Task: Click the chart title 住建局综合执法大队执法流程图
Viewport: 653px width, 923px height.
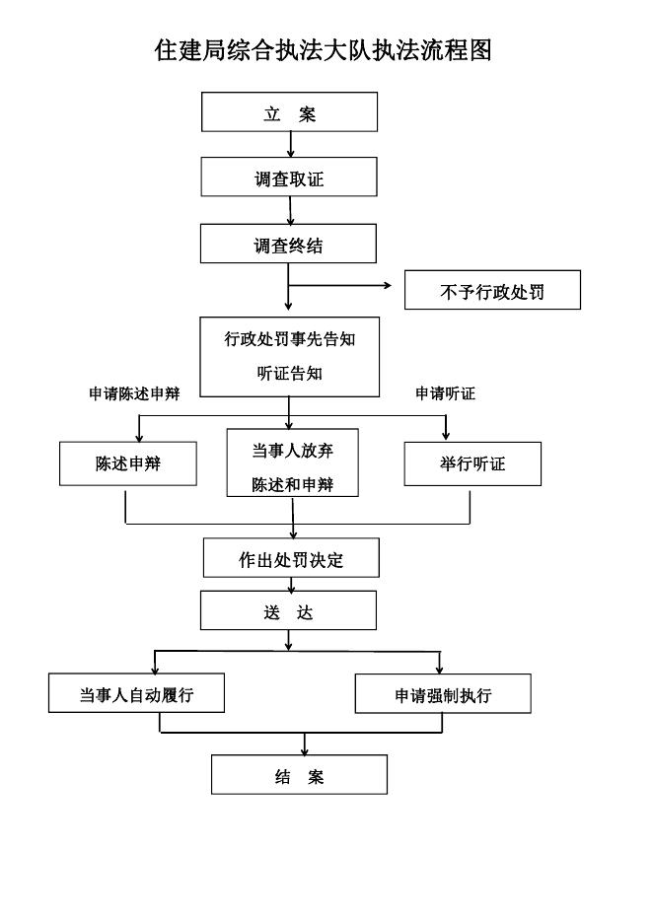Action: (x=324, y=50)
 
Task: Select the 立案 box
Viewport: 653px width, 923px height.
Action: (x=290, y=112)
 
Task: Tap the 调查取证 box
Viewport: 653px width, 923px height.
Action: (x=289, y=177)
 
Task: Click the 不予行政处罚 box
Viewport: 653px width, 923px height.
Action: (x=492, y=290)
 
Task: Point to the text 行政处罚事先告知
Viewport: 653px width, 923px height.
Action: (x=289, y=340)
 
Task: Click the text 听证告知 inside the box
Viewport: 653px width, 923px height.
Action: (x=289, y=374)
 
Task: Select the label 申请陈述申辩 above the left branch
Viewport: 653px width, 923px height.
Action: (x=134, y=393)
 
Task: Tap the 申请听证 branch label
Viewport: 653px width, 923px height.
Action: (x=445, y=393)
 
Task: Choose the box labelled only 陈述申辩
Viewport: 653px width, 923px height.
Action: (x=128, y=463)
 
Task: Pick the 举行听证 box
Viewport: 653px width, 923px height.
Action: (x=472, y=463)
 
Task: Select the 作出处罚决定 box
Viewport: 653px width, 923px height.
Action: (x=291, y=558)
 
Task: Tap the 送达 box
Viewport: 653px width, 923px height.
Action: (x=288, y=610)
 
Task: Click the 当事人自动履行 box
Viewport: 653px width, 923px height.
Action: (x=136, y=693)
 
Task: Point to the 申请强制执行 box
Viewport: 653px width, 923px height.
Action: (x=443, y=694)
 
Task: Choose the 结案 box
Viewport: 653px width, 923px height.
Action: (x=299, y=775)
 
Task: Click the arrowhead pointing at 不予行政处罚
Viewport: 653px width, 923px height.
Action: (x=387, y=286)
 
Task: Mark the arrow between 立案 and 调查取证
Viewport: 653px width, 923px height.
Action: (x=290, y=145)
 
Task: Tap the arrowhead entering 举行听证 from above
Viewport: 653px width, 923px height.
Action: (x=446, y=435)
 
